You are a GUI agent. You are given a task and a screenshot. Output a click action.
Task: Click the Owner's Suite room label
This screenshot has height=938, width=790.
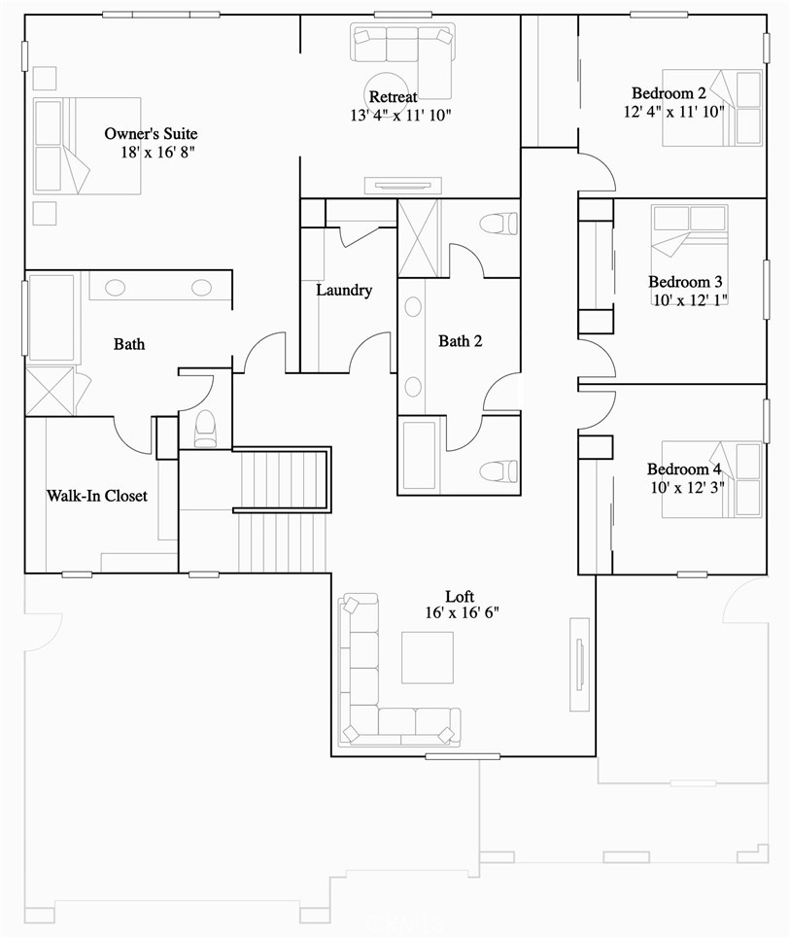(x=151, y=133)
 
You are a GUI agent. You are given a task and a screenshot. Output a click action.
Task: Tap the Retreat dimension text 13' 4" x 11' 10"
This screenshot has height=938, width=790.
(x=400, y=115)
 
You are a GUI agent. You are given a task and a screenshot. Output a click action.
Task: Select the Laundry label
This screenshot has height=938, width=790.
(x=344, y=290)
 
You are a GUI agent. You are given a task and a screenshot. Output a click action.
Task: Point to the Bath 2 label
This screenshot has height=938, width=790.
(x=460, y=341)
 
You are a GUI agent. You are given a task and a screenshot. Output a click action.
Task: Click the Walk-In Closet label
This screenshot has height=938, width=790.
(x=97, y=496)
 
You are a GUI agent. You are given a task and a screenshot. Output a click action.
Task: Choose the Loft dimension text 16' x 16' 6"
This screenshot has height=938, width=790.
(x=463, y=612)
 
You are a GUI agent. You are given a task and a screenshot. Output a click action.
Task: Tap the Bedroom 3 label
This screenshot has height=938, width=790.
(x=685, y=281)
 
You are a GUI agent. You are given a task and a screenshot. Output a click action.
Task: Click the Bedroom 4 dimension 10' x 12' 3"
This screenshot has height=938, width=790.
(x=687, y=488)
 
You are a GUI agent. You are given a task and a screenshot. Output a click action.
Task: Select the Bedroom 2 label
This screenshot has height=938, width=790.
(x=669, y=93)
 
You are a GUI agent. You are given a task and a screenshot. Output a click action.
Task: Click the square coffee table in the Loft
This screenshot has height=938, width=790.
(x=427, y=657)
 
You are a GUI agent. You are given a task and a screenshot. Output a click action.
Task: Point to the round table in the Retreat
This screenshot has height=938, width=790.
(x=388, y=93)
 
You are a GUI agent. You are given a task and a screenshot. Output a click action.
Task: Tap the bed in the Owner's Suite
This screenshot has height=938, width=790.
(x=86, y=146)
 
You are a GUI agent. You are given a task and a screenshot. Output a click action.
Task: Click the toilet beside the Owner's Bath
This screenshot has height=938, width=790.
(x=205, y=429)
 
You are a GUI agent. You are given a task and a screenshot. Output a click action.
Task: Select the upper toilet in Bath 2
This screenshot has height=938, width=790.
(x=498, y=224)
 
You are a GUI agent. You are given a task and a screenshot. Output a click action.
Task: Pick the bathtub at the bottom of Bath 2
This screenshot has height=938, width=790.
(x=420, y=455)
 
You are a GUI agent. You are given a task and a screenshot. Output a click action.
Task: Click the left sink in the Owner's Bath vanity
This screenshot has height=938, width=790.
(x=115, y=288)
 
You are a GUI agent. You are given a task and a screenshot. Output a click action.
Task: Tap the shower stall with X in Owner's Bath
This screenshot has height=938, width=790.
(x=50, y=391)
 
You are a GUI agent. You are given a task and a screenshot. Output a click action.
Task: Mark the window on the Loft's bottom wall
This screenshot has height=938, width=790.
(x=463, y=756)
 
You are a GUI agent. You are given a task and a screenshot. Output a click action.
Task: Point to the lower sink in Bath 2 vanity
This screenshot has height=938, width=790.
(x=413, y=387)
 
